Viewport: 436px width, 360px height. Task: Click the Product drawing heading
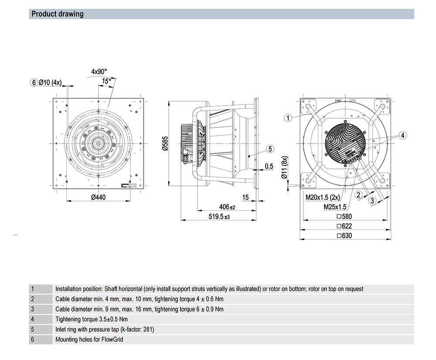(57, 14)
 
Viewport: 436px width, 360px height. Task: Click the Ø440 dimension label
(99, 197)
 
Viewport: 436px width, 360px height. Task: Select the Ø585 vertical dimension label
(165, 144)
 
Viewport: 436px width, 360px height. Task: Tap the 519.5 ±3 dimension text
(219, 216)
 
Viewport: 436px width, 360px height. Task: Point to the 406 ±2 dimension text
(227, 207)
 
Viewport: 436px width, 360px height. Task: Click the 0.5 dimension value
(269, 166)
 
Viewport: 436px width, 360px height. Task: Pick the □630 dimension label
(344, 236)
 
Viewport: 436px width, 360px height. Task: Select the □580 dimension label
(344, 216)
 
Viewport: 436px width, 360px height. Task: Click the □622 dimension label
(344, 226)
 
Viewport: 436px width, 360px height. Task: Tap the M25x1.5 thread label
(335, 207)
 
